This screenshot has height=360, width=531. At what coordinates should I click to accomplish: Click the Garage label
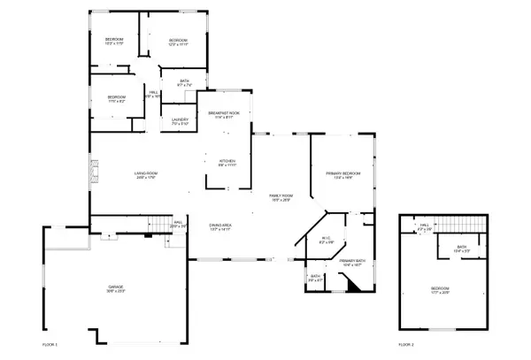116,289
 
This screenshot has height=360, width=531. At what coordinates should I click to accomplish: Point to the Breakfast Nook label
223,115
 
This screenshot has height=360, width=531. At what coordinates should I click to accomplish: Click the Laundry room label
180,122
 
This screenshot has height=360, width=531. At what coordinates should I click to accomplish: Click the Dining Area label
220,226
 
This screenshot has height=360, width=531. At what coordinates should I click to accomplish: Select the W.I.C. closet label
326,240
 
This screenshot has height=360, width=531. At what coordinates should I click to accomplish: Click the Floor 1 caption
50,343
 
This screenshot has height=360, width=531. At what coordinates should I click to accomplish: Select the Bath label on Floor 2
462,249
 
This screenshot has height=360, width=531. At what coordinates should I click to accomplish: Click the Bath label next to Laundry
184,83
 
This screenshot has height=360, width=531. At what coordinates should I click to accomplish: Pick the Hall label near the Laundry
153,94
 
